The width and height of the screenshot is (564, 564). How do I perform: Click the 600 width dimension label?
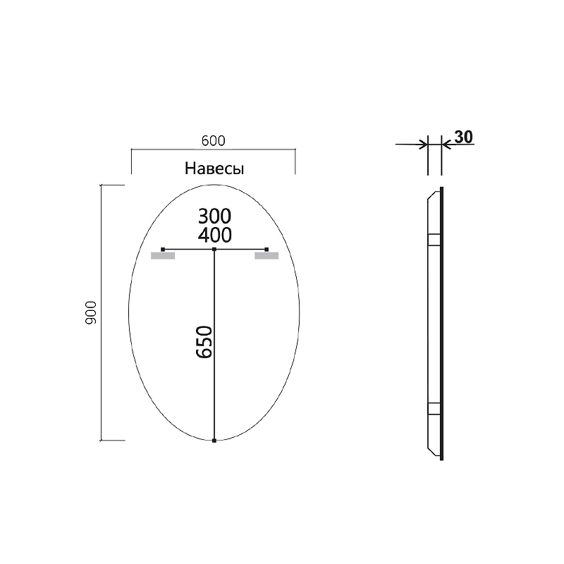click(213, 141)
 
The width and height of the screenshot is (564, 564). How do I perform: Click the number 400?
click(215, 234)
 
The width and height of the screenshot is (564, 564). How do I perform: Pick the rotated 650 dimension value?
click(203, 343)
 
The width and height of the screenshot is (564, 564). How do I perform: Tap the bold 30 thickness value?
click(462, 137)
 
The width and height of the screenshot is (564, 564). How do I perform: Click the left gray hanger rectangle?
click(163, 256)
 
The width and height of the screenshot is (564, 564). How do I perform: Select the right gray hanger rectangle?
click(267, 256)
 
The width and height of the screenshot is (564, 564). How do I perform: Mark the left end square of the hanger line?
click(163, 249)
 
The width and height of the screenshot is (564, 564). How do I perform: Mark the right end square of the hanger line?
click(267, 249)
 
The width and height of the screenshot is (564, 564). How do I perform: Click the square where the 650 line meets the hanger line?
click(214, 249)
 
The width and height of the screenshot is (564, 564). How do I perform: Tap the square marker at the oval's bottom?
click(214, 441)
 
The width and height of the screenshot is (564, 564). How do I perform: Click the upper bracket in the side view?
click(434, 240)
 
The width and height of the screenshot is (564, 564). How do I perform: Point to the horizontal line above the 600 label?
click(213, 149)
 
